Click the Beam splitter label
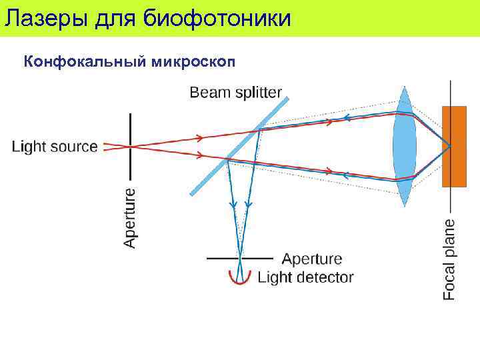pyautogui.click(x=236, y=93)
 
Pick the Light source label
pyautogui.click(x=55, y=147)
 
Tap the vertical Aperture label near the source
pyautogui.click(x=131, y=217)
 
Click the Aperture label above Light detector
pyautogui.click(x=312, y=259)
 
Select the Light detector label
pyautogui.click(x=305, y=277)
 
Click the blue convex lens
pyautogui.click(x=404, y=147)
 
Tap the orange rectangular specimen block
pyautogui.click(x=453, y=146)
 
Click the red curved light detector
pyautogui.click(x=239, y=278)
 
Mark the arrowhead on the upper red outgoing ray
pyautogui.click(x=199, y=138)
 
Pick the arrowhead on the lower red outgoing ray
pyautogui.click(x=199, y=157)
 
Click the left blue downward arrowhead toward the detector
pyautogui.click(x=233, y=204)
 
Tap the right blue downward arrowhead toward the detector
pyautogui.click(x=248, y=204)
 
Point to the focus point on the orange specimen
pyautogui.click(x=449, y=146)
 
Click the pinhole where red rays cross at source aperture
pyautogui.click(x=130, y=146)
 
